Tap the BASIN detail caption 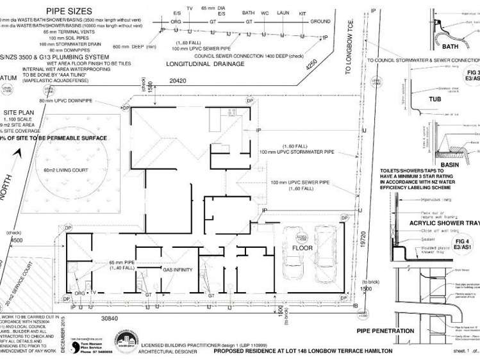click(449, 163)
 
